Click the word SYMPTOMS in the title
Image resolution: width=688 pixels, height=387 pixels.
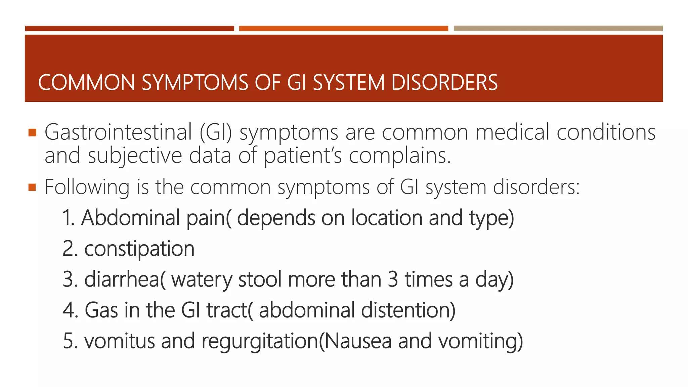195,83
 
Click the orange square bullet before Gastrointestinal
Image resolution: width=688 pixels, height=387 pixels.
32,132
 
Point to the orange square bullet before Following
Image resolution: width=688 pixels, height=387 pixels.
32,187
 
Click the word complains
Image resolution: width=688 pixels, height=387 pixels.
399,156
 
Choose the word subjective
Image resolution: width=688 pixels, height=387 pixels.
135,156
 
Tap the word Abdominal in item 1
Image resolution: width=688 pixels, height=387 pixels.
130,218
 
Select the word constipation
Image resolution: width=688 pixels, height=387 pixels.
139,249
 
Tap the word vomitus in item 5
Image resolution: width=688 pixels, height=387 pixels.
119,341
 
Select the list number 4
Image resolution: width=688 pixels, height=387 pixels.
70,310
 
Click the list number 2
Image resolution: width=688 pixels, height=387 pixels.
69,249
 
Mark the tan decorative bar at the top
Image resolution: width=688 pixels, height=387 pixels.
558,29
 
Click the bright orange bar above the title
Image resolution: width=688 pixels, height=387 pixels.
343,29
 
